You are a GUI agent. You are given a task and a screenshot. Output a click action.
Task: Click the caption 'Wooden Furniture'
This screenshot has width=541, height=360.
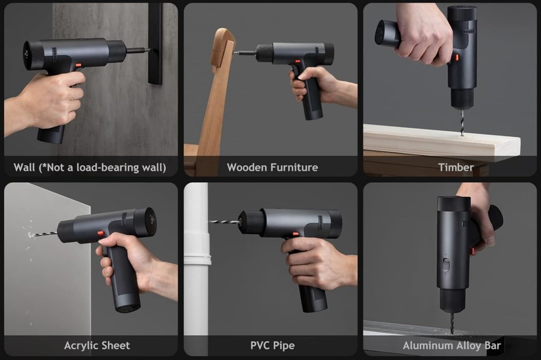pyautogui.click(x=272, y=168)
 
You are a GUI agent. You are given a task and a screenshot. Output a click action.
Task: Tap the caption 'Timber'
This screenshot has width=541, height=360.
pyautogui.click(x=456, y=168)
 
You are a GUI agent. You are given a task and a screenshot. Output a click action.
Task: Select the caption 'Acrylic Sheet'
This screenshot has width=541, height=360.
pyautogui.click(x=97, y=345)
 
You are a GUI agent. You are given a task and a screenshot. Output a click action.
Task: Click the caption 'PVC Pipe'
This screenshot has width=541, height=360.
pyautogui.click(x=272, y=345)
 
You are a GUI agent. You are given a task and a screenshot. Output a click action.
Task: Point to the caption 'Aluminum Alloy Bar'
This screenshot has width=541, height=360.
pyautogui.click(x=452, y=345)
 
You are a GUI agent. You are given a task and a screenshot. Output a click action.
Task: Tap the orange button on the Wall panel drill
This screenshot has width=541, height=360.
pyautogui.click(x=78, y=65)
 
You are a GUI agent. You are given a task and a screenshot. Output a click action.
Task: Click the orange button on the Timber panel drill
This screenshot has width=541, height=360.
pyautogui.click(x=457, y=57)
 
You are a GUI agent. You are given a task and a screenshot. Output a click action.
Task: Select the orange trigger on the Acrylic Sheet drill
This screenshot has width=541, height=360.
pyautogui.click(x=100, y=234)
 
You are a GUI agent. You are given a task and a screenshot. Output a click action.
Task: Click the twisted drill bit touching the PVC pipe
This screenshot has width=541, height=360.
pyautogui.click(x=225, y=222)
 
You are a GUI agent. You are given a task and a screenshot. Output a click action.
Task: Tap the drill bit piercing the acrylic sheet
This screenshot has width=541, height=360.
pyautogui.click(x=43, y=235)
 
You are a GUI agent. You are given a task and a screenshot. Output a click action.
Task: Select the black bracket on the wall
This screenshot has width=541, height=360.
pyautogui.click(x=155, y=43)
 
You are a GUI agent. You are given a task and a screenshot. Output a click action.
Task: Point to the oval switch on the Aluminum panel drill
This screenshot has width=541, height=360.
pyautogui.click(x=446, y=265)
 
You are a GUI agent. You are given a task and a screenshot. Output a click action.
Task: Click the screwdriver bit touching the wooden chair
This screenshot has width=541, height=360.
pyautogui.click(x=245, y=53)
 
